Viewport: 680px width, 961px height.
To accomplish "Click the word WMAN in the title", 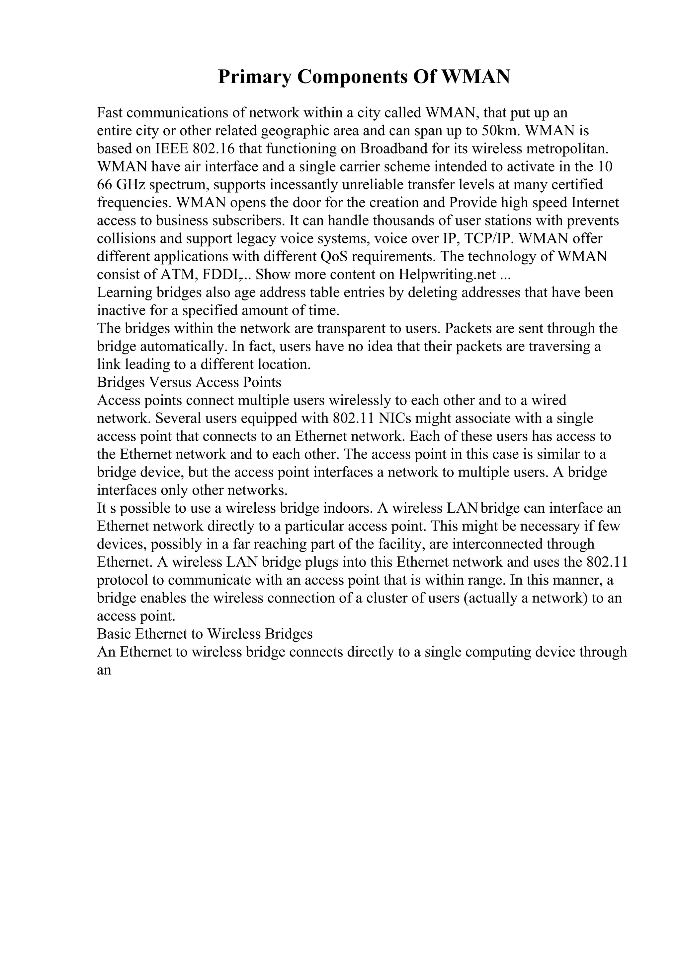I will click(x=476, y=77).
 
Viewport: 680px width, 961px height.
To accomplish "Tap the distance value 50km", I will click(x=501, y=131).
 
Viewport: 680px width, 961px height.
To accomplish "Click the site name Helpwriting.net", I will click(x=447, y=275).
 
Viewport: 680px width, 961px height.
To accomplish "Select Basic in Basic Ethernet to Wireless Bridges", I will click(x=114, y=634).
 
